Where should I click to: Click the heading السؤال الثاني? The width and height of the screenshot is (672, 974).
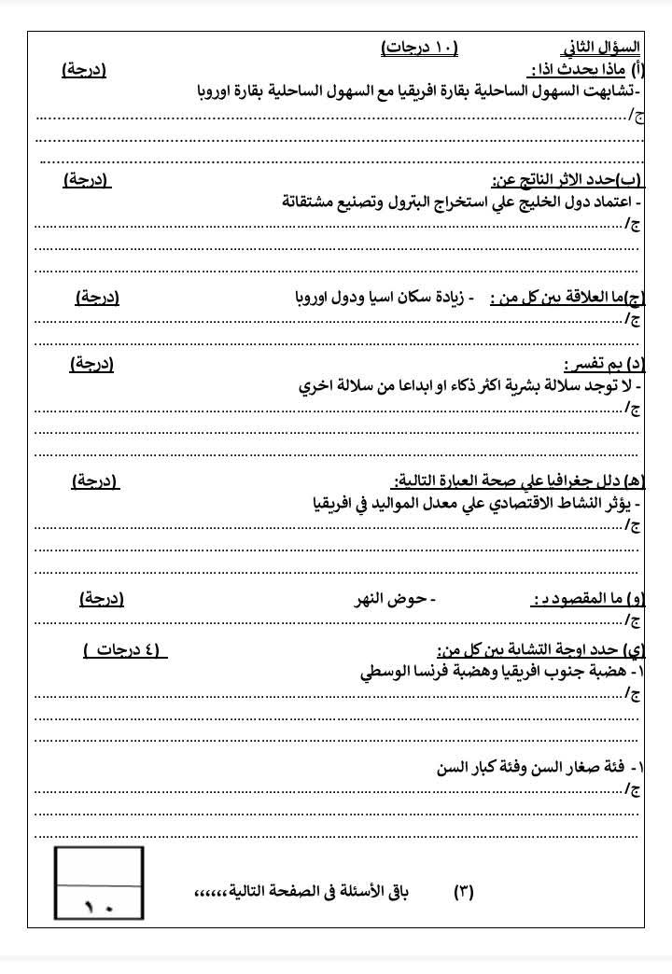point(602,47)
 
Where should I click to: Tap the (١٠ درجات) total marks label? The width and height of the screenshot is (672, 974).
point(420,47)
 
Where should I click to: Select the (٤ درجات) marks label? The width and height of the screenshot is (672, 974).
point(125,649)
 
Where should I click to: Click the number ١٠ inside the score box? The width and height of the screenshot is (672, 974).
point(99,904)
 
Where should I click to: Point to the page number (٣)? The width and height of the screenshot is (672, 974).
point(464,892)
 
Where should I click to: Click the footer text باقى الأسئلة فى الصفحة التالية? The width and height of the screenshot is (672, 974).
point(308,892)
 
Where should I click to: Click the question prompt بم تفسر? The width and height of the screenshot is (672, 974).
point(594,364)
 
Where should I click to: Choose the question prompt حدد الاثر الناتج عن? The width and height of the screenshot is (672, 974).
point(547,180)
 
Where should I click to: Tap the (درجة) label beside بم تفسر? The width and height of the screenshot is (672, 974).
point(91,364)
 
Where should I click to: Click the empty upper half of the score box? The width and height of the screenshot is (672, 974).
point(99,864)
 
